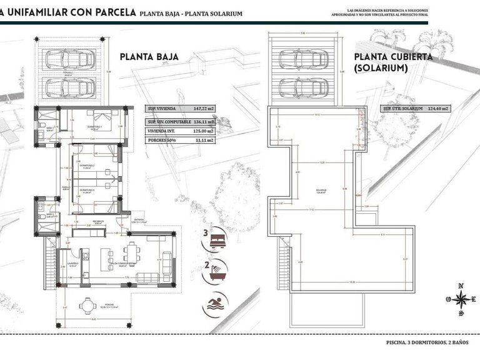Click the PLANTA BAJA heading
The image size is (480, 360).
[x=149, y=57]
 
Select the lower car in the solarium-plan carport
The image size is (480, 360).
[x=303, y=85]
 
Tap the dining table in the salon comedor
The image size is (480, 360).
[x=131, y=252]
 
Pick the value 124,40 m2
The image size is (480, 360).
[x=441, y=109]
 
